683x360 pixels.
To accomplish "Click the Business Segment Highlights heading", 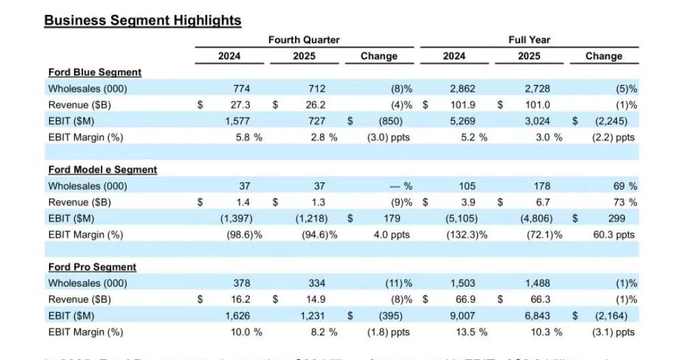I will point(142,20).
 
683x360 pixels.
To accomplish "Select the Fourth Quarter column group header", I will point(304,40).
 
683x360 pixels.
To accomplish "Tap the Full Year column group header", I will point(528,40).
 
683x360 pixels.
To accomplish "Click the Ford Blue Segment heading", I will point(95,72).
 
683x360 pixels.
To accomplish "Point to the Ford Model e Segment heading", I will point(102,169).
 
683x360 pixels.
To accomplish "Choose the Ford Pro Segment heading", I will point(92,267).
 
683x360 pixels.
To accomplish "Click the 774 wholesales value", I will point(240,88).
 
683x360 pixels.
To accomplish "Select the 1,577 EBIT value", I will point(237,121).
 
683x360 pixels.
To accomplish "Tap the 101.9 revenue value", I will point(461,105).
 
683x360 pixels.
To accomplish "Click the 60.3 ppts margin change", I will point(614,235).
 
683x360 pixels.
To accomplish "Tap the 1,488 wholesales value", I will point(537,283).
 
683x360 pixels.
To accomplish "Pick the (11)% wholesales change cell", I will point(398,283).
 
